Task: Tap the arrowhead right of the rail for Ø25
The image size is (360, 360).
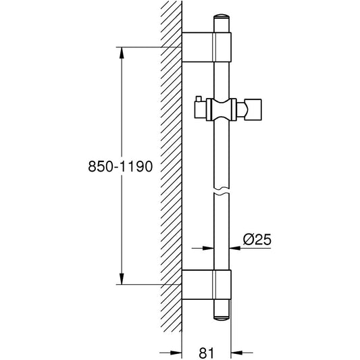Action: click(x=236, y=248)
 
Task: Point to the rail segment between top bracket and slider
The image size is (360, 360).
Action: click(x=223, y=80)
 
